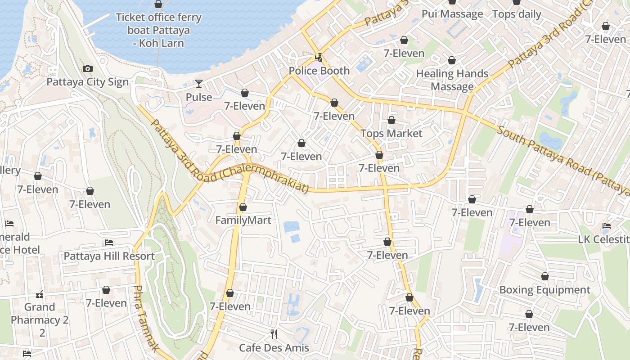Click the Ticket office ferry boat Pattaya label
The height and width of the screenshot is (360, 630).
[x=158, y=30]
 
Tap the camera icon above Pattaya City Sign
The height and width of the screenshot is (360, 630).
[x=88, y=69]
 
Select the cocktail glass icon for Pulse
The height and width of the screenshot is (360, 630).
[x=199, y=84]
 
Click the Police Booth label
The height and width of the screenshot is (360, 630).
[x=319, y=71]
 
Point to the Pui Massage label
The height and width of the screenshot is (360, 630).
[x=452, y=14]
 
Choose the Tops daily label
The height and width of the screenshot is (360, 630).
[x=517, y=14]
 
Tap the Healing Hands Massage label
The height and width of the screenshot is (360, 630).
[x=452, y=80]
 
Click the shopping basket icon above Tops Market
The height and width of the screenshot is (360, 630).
[x=391, y=121]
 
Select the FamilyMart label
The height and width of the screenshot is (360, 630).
[x=243, y=220]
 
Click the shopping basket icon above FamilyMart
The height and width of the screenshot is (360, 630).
[x=243, y=207]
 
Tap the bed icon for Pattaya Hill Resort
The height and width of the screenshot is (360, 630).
[x=109, y=243]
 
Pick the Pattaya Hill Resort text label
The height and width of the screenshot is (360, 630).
[x=109, y=256]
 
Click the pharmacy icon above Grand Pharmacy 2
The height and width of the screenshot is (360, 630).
[x=40, y=295]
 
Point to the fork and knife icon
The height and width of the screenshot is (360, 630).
[x=274, y=334]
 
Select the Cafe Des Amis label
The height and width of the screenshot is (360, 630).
[x=274, y=348]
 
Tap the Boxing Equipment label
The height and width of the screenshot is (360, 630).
[x=544, y=290]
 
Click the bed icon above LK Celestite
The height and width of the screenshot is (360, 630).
[x=607, y=226]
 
